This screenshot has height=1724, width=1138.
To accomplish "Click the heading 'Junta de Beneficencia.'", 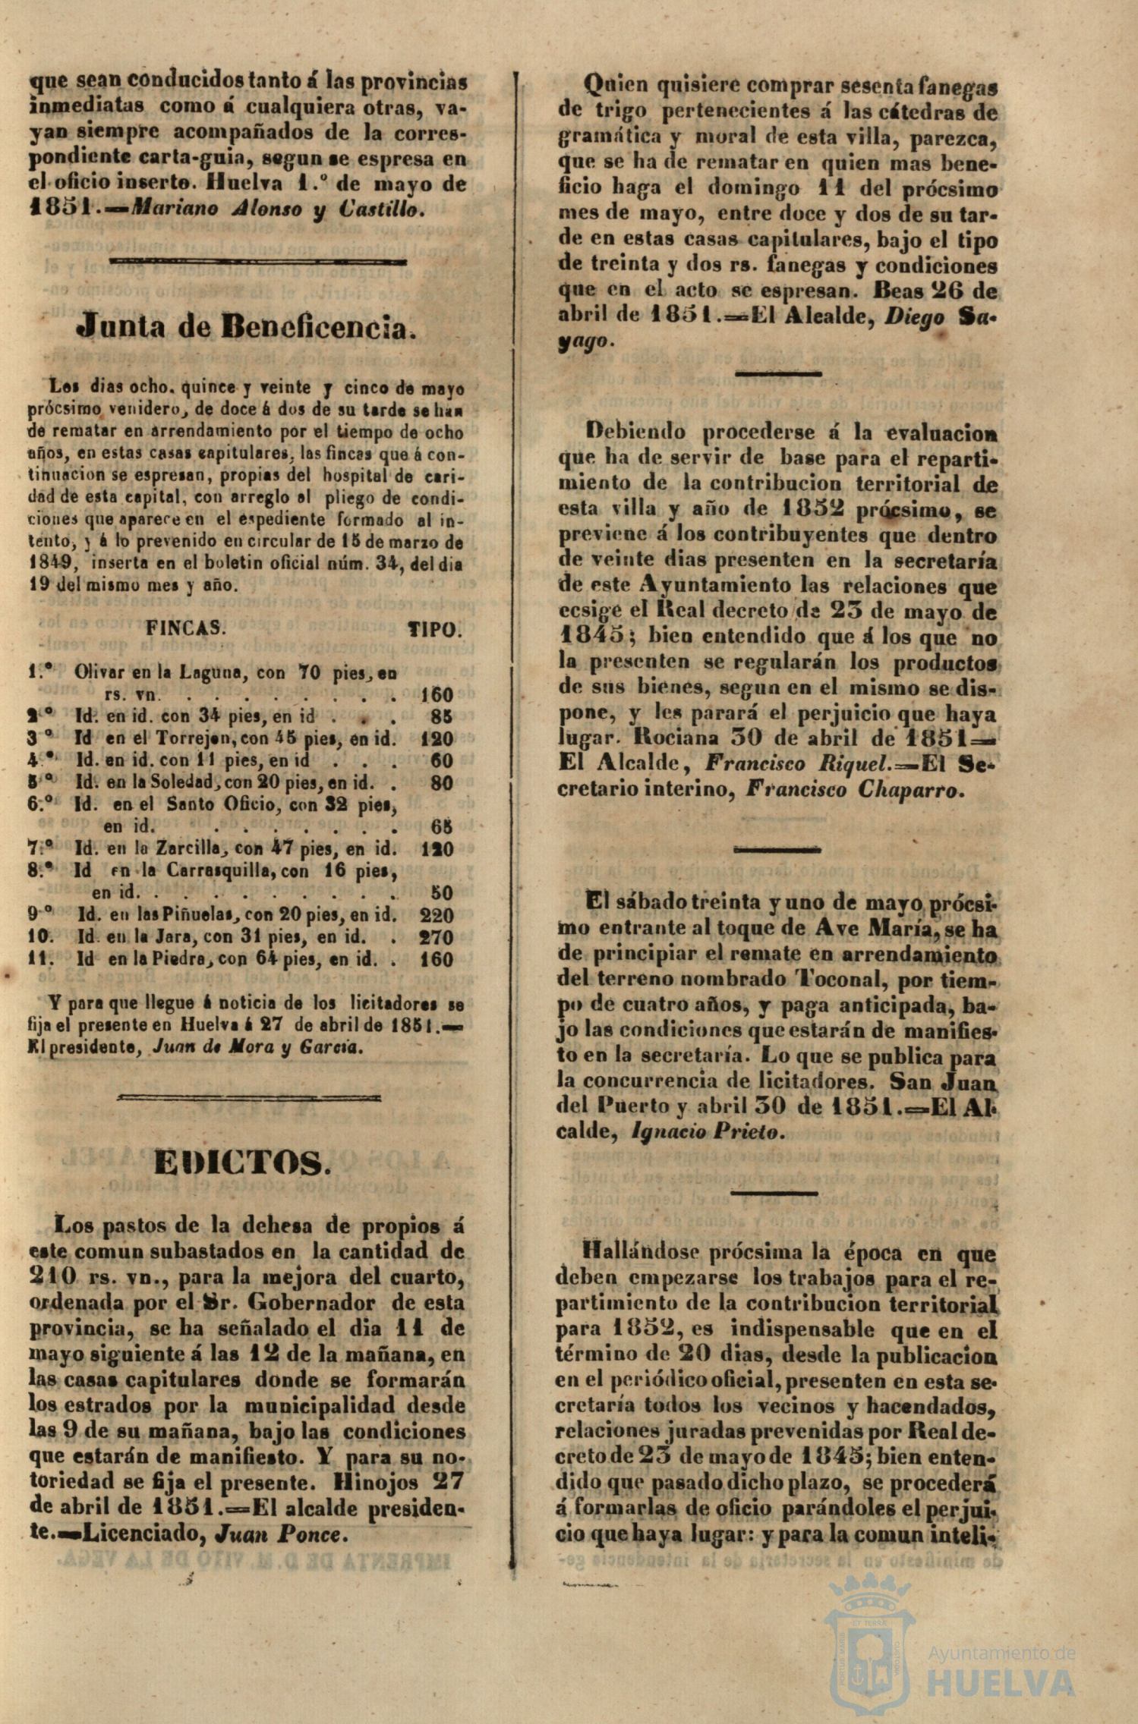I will pyautogui.click(x=247, y=326).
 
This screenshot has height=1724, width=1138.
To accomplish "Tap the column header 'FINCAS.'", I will pyautogui.click(x=185, y=628).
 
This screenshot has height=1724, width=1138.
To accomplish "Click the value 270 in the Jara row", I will pyautogui.click(x=437, y=937).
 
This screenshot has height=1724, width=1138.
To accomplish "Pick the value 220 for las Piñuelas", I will pyautogui.click(x=437, y=915).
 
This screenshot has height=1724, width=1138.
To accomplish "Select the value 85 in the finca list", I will pyautogui.click(x=441, y=716).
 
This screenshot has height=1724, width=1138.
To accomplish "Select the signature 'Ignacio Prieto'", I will pyautogui.click(x=705, y=1131).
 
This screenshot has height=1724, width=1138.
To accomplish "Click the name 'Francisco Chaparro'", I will pyautogui.click(x=855, y=790).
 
